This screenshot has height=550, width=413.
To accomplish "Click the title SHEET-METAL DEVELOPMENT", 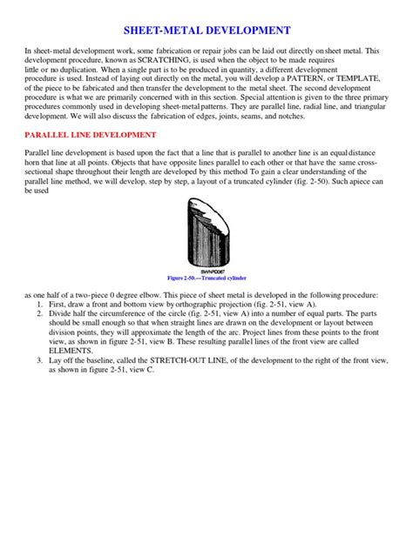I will click(206, 30).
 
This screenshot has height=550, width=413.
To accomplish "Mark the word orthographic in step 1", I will click(199, 307).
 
